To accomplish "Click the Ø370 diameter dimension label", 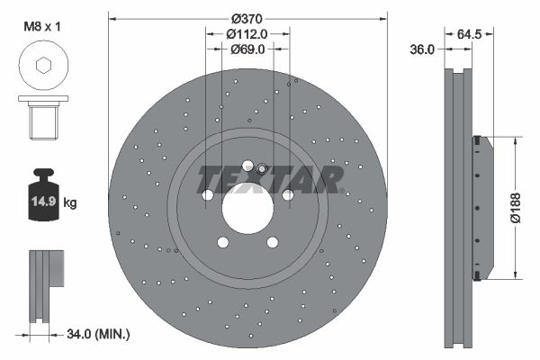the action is click(247, 18).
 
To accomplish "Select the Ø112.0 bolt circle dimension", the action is click(247, 34).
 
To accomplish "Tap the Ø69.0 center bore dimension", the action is click(247, 49).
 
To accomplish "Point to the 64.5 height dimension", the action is click(469, 34).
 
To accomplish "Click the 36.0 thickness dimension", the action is click(422, 49).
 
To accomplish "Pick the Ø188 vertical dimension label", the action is click(516, 208).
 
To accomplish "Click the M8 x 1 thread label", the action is click(42, 26).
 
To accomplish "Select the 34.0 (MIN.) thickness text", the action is click(98, 334).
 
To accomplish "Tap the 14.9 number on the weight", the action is click(43, 201).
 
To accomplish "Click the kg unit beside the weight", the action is click(70, 202).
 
